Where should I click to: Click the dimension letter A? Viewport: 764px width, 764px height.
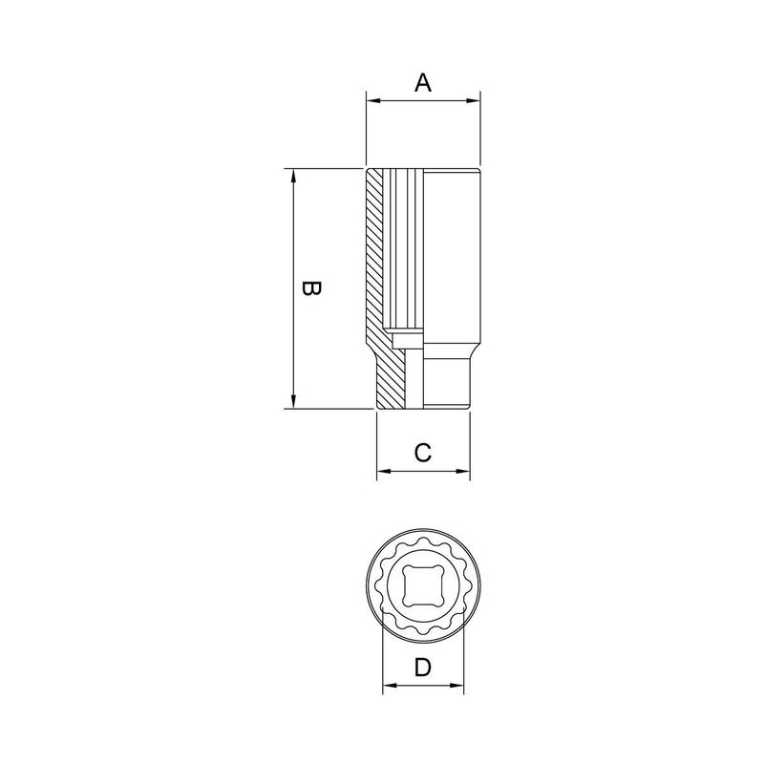coord(423,83)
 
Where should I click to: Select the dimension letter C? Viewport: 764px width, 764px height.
coord(424,453)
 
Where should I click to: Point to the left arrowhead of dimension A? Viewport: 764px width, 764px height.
coord(371,100)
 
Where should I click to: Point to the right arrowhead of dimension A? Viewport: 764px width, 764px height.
coord(474,100)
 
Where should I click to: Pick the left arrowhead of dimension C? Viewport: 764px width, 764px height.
coord(382,471)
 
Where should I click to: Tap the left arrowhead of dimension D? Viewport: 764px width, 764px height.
coord(388,687)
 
